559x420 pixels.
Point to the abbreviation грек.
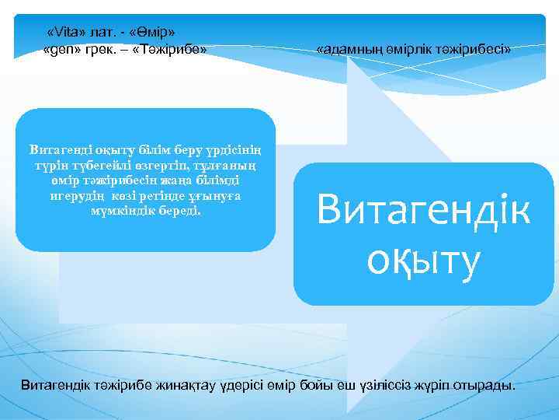tap(95, 49)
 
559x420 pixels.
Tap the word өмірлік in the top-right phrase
tap(412, 49)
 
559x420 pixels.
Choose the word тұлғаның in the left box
tap(230, 165)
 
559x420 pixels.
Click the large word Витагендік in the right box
tap(423, 209)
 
